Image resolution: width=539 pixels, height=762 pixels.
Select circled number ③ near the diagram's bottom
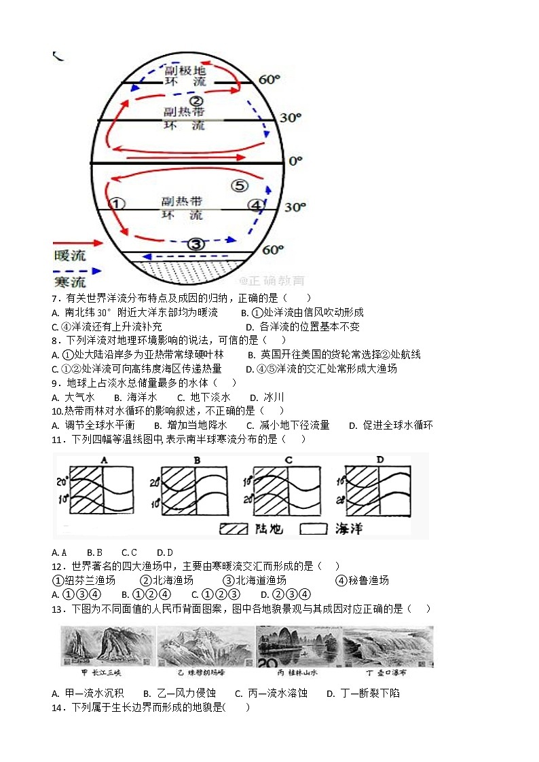[x=196, y=244]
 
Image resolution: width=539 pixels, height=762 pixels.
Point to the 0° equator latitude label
[x=295, y=161]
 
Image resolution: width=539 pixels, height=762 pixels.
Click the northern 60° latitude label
[x=269, y=80]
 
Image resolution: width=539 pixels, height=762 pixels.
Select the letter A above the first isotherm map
[x=105, y=460]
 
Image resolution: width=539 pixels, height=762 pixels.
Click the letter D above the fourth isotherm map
[x=379, y=460]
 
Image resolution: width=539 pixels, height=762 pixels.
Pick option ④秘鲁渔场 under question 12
[x=363, y=580]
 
